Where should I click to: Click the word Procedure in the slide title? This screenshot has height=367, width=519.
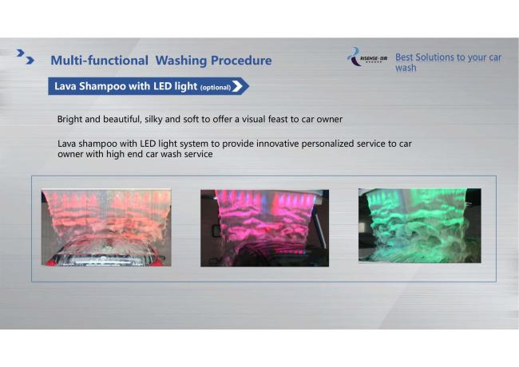point(241,61)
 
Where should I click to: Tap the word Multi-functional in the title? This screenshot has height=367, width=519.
point(99,61)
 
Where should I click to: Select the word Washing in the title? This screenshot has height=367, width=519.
point(181,61)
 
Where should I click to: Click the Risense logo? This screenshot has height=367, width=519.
point(367,57)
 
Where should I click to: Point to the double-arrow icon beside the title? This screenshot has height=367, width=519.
point(26,57)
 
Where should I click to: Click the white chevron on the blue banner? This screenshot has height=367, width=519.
point(237,86)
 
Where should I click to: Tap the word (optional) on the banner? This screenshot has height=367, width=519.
point(216,88)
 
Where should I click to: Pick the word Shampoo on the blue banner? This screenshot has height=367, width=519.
point(103,86)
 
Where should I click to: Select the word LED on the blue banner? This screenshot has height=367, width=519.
point(163,86)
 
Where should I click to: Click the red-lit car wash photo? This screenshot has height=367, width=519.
point(106,227)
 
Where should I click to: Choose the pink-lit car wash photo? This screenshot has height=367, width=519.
point(264,228)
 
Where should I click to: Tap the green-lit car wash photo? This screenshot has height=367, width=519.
point(420,226)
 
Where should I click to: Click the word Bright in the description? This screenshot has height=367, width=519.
point(69,120)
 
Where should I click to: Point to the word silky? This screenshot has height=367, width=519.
point(153,120)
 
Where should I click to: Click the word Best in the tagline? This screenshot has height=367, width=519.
point(404,57)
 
